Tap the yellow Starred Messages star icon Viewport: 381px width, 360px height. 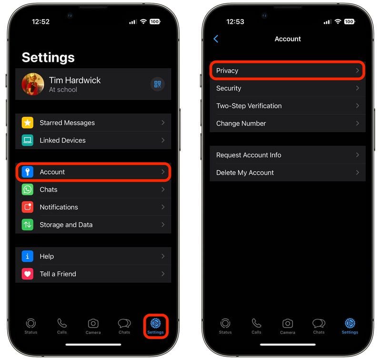28,123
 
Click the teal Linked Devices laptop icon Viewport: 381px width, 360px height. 28,140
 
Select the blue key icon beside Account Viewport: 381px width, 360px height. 28,172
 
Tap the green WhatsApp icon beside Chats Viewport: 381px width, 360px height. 28,189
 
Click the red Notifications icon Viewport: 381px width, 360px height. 28,207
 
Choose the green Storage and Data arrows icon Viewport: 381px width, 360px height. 28,225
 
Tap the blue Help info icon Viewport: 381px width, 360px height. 28,256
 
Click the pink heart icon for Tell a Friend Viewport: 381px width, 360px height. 28,274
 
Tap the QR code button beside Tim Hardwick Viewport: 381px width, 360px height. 158,84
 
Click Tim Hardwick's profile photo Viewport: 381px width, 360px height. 33,84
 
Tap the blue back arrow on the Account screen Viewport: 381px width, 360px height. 216,39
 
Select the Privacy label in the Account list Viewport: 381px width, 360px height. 227,71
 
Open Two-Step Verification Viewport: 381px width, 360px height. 249,106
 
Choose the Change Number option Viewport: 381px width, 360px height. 241,123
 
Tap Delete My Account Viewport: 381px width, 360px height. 245,173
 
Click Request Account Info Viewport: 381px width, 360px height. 249,155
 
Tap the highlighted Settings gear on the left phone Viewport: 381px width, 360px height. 156,323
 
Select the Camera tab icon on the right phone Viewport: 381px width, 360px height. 288,323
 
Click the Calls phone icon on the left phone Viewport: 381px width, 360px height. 62,323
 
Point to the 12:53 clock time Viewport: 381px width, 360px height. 235,21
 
